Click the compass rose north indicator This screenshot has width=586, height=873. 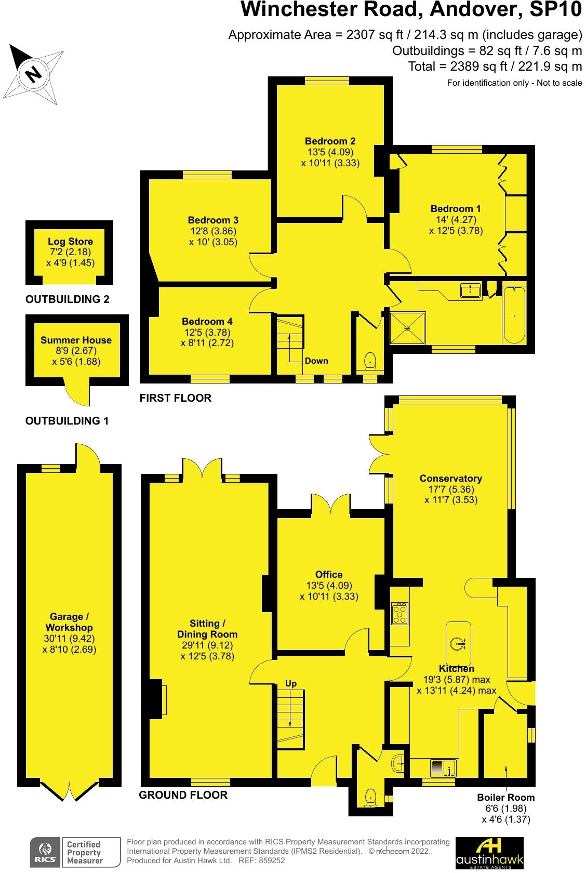33,73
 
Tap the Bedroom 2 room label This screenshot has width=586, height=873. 330,141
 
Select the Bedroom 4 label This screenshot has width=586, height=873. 207,322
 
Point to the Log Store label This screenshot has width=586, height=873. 70,241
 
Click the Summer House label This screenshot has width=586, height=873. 76,340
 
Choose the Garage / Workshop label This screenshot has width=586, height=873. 70,622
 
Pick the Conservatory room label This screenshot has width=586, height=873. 450,479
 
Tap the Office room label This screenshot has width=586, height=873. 329,574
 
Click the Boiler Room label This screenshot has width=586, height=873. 505,797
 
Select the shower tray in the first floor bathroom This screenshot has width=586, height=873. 408,328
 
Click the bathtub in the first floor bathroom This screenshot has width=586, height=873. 514,315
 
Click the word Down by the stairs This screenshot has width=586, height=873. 316,361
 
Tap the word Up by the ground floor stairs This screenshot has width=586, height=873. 291,683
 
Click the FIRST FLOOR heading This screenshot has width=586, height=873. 175,398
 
